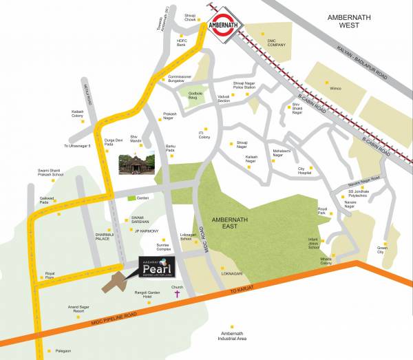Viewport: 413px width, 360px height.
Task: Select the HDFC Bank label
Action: pos(182,43)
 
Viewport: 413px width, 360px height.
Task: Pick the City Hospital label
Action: pos(305,171)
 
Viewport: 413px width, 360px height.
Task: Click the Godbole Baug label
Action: pos(190,98)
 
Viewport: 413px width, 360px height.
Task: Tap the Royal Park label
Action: pos(324,211)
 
